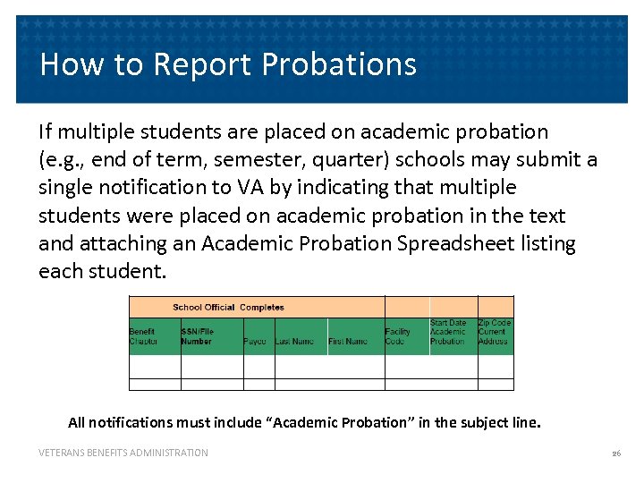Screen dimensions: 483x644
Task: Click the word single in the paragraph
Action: click(x=66, y=187)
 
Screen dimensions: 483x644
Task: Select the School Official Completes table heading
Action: click(x=228, y=308)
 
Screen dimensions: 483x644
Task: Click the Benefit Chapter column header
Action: click(x=144, y=336)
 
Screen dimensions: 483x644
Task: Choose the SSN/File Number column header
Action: click(x=198, y=336)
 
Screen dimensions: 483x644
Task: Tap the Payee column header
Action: click(x=255, y=342)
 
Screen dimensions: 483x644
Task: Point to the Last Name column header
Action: click(x=295, y=342)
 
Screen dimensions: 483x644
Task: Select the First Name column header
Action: click(x=348, y=342)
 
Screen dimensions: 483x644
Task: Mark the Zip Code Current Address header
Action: click(x=494, y=332)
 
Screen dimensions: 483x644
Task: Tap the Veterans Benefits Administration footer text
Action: click(x=123, y=453)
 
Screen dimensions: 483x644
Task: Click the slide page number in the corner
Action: click(x=615, y=453)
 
